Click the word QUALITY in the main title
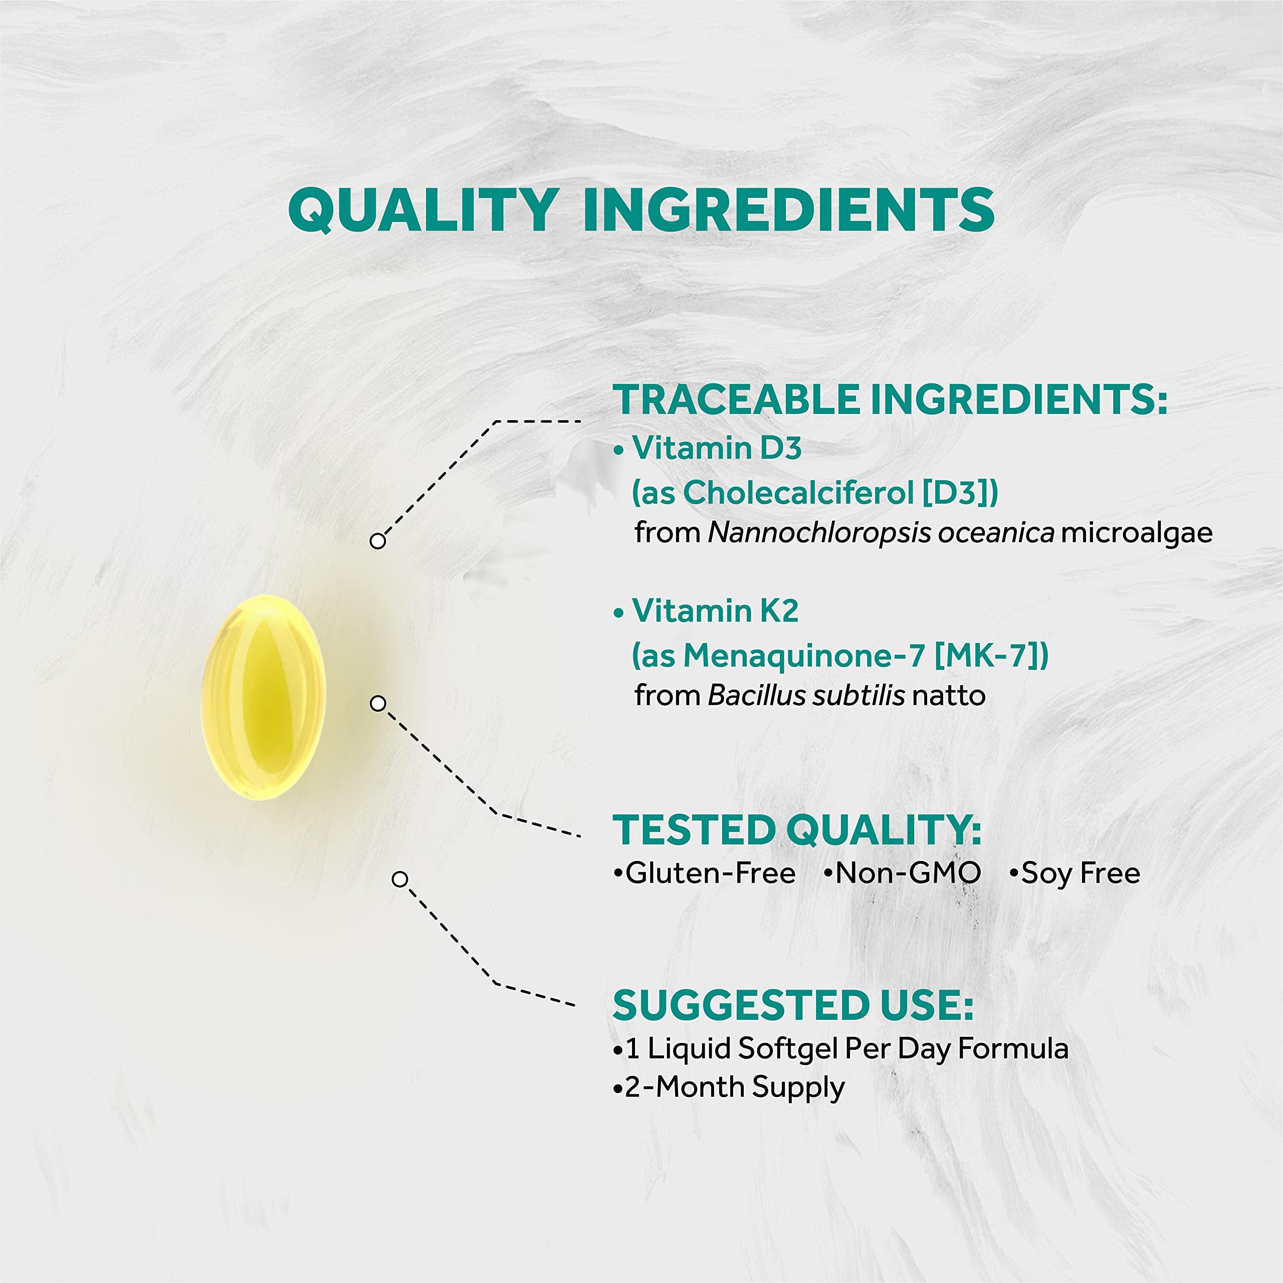(422, 210)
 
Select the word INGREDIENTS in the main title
(788, 210)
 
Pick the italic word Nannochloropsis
(819, 533)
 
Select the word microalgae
(1136, 533)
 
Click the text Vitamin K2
(715, 611)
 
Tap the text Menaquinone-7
(803, 656)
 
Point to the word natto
(948, 696)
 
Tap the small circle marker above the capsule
(377, 541)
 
